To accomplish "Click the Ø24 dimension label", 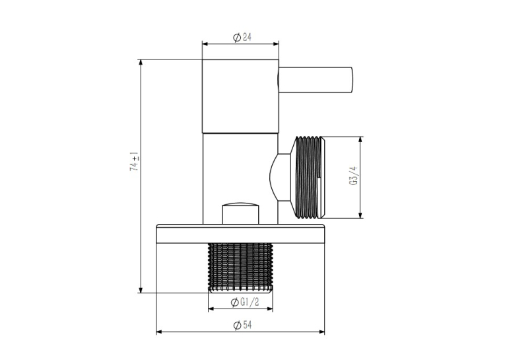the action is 242,38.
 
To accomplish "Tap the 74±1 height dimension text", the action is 134,161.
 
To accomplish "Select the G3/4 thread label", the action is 353,176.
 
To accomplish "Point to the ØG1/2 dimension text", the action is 245,303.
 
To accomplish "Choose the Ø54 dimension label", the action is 242,325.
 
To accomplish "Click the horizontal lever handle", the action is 316,80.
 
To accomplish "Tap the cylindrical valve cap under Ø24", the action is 240,96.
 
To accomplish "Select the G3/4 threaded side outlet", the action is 309,178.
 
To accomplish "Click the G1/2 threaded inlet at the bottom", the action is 240,268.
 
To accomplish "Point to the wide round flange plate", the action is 240,233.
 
